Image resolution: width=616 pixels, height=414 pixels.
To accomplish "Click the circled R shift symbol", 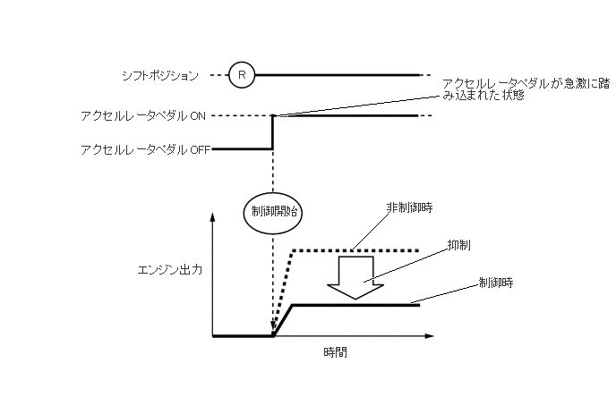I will point(241,75).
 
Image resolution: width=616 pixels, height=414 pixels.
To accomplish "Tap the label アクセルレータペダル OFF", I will point(144,150).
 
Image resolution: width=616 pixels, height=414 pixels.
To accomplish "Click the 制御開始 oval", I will point(272,212).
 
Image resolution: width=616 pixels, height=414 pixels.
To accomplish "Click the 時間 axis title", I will point(335,352).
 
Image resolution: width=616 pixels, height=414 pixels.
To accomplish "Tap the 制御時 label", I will point(495,282).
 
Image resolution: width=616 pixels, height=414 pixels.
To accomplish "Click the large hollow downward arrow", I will point(355,276).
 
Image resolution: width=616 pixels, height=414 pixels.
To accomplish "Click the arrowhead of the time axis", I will point(429,336).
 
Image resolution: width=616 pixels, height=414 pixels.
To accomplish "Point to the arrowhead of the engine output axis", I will point(213,218).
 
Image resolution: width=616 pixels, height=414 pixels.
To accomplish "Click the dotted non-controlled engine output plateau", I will point(358,250).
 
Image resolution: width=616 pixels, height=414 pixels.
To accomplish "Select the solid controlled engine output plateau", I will point(358,306).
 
